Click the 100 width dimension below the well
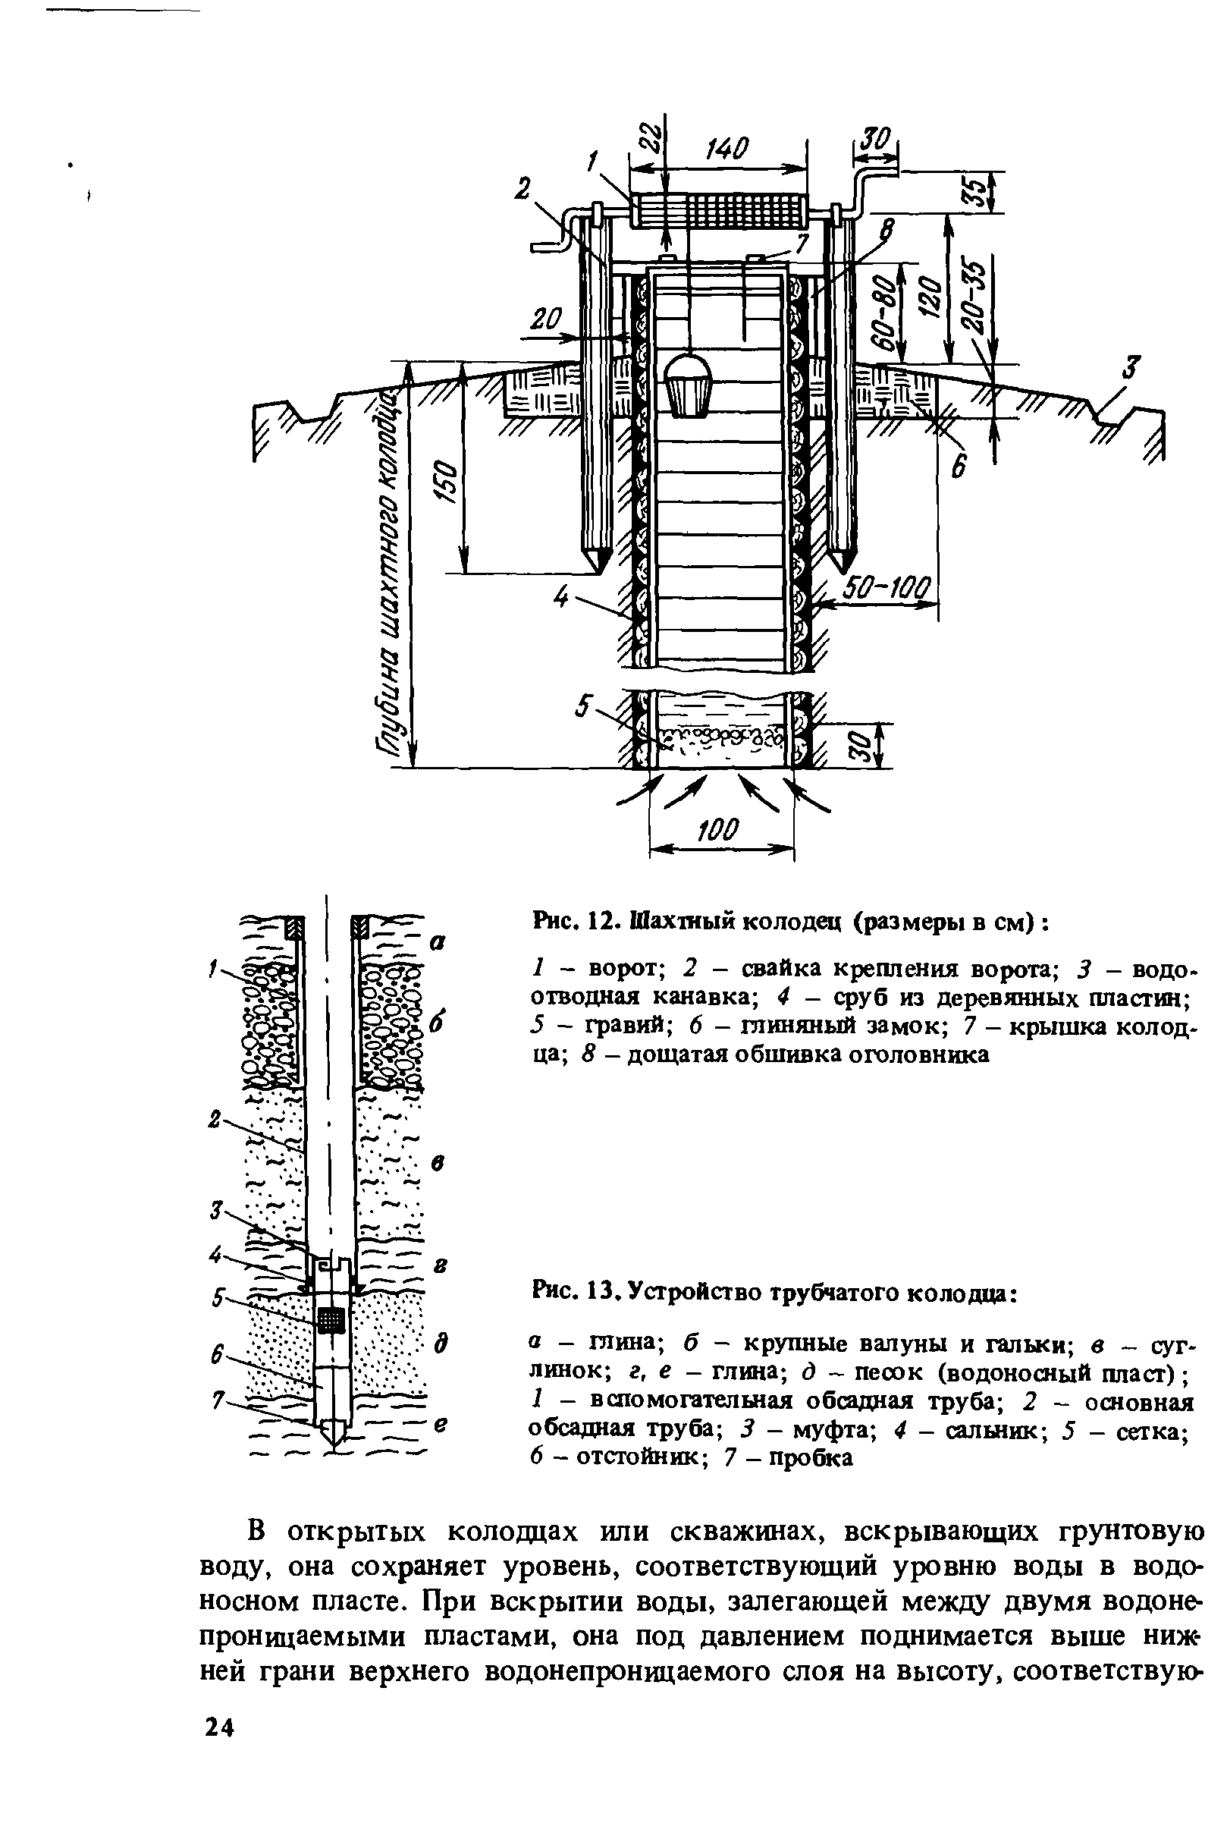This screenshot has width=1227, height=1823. (x=719, y=830)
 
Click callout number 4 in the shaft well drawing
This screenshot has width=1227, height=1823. (x=560, y=598)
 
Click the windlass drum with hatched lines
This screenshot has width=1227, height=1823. (x=719, y=210)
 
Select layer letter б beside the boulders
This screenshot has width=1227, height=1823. (x=437, y=1024)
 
